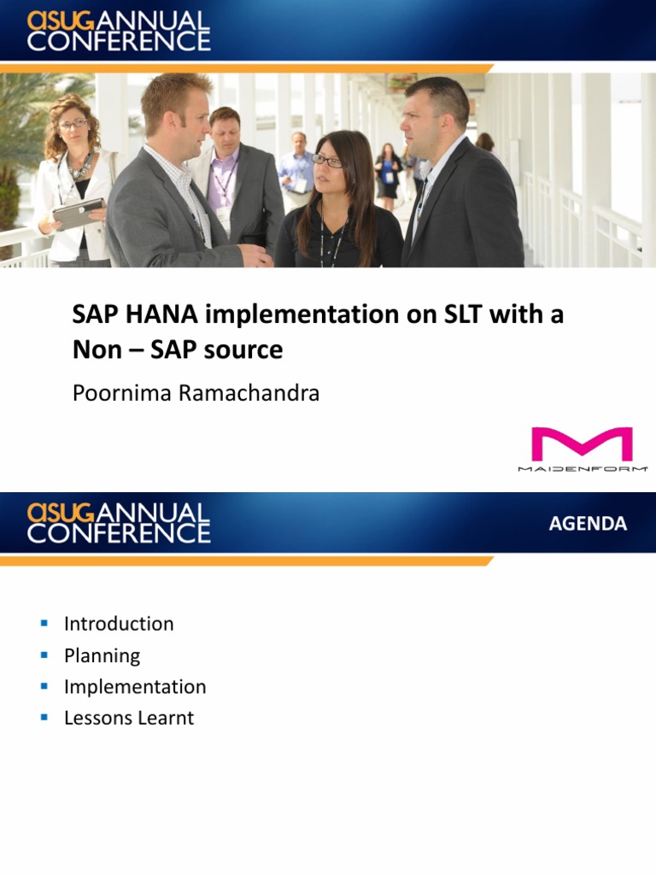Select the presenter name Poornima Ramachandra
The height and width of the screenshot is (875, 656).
pyautogui.click(x=196, y=394)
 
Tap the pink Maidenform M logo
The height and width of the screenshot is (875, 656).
pyautogui.click(x=582, y=444)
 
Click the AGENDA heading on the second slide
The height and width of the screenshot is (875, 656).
pyautogui.click(x=588, y=524)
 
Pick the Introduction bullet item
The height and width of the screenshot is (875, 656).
pyautogui.click(x=119, y=624)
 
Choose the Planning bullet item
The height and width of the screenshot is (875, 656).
pyautogui.click(x=102, y=655)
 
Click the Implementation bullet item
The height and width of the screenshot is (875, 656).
pyautogui.click(x=135, y=687)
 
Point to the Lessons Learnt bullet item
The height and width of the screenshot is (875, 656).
pyautogui.click(x=129, y=718)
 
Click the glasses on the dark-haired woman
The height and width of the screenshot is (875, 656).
pyautogui.click(x=327, y=160)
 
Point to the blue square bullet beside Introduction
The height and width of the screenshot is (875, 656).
pyautogui.click(x=44, y=623)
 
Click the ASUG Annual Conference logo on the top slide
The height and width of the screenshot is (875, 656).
pyautogui.click(x=118, y=31)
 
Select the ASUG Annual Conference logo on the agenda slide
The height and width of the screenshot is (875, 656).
pyautogui.click(x=118, y=523)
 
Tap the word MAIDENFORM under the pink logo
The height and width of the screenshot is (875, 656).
pyautogui.click(x=583, y=468)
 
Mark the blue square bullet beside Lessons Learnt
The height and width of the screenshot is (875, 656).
pyautogui.click(x=44, y=717)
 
